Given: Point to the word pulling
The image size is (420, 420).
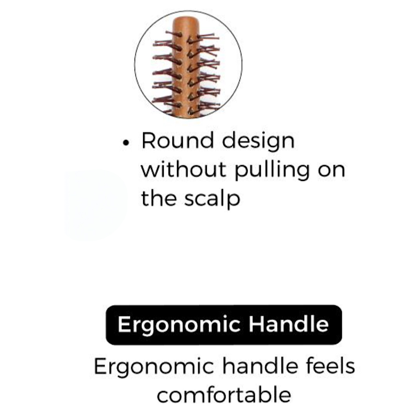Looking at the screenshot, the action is coord(272,171).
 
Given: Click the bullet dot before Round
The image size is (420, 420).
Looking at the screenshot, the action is coord(126,143).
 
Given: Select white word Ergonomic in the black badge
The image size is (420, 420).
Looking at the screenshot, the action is coord(179,325).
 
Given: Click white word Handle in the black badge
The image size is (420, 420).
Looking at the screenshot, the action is coord(289,324).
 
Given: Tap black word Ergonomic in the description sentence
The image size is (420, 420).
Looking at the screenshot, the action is coord(154,367).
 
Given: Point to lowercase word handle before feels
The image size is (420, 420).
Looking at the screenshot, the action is coord(260,366).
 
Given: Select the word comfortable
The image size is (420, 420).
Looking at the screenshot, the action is coord(224,394).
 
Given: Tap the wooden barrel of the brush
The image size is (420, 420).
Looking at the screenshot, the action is coord(185,67).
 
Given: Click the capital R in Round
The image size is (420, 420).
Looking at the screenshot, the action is coord(149,140).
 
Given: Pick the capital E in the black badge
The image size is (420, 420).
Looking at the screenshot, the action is coord(124,324).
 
